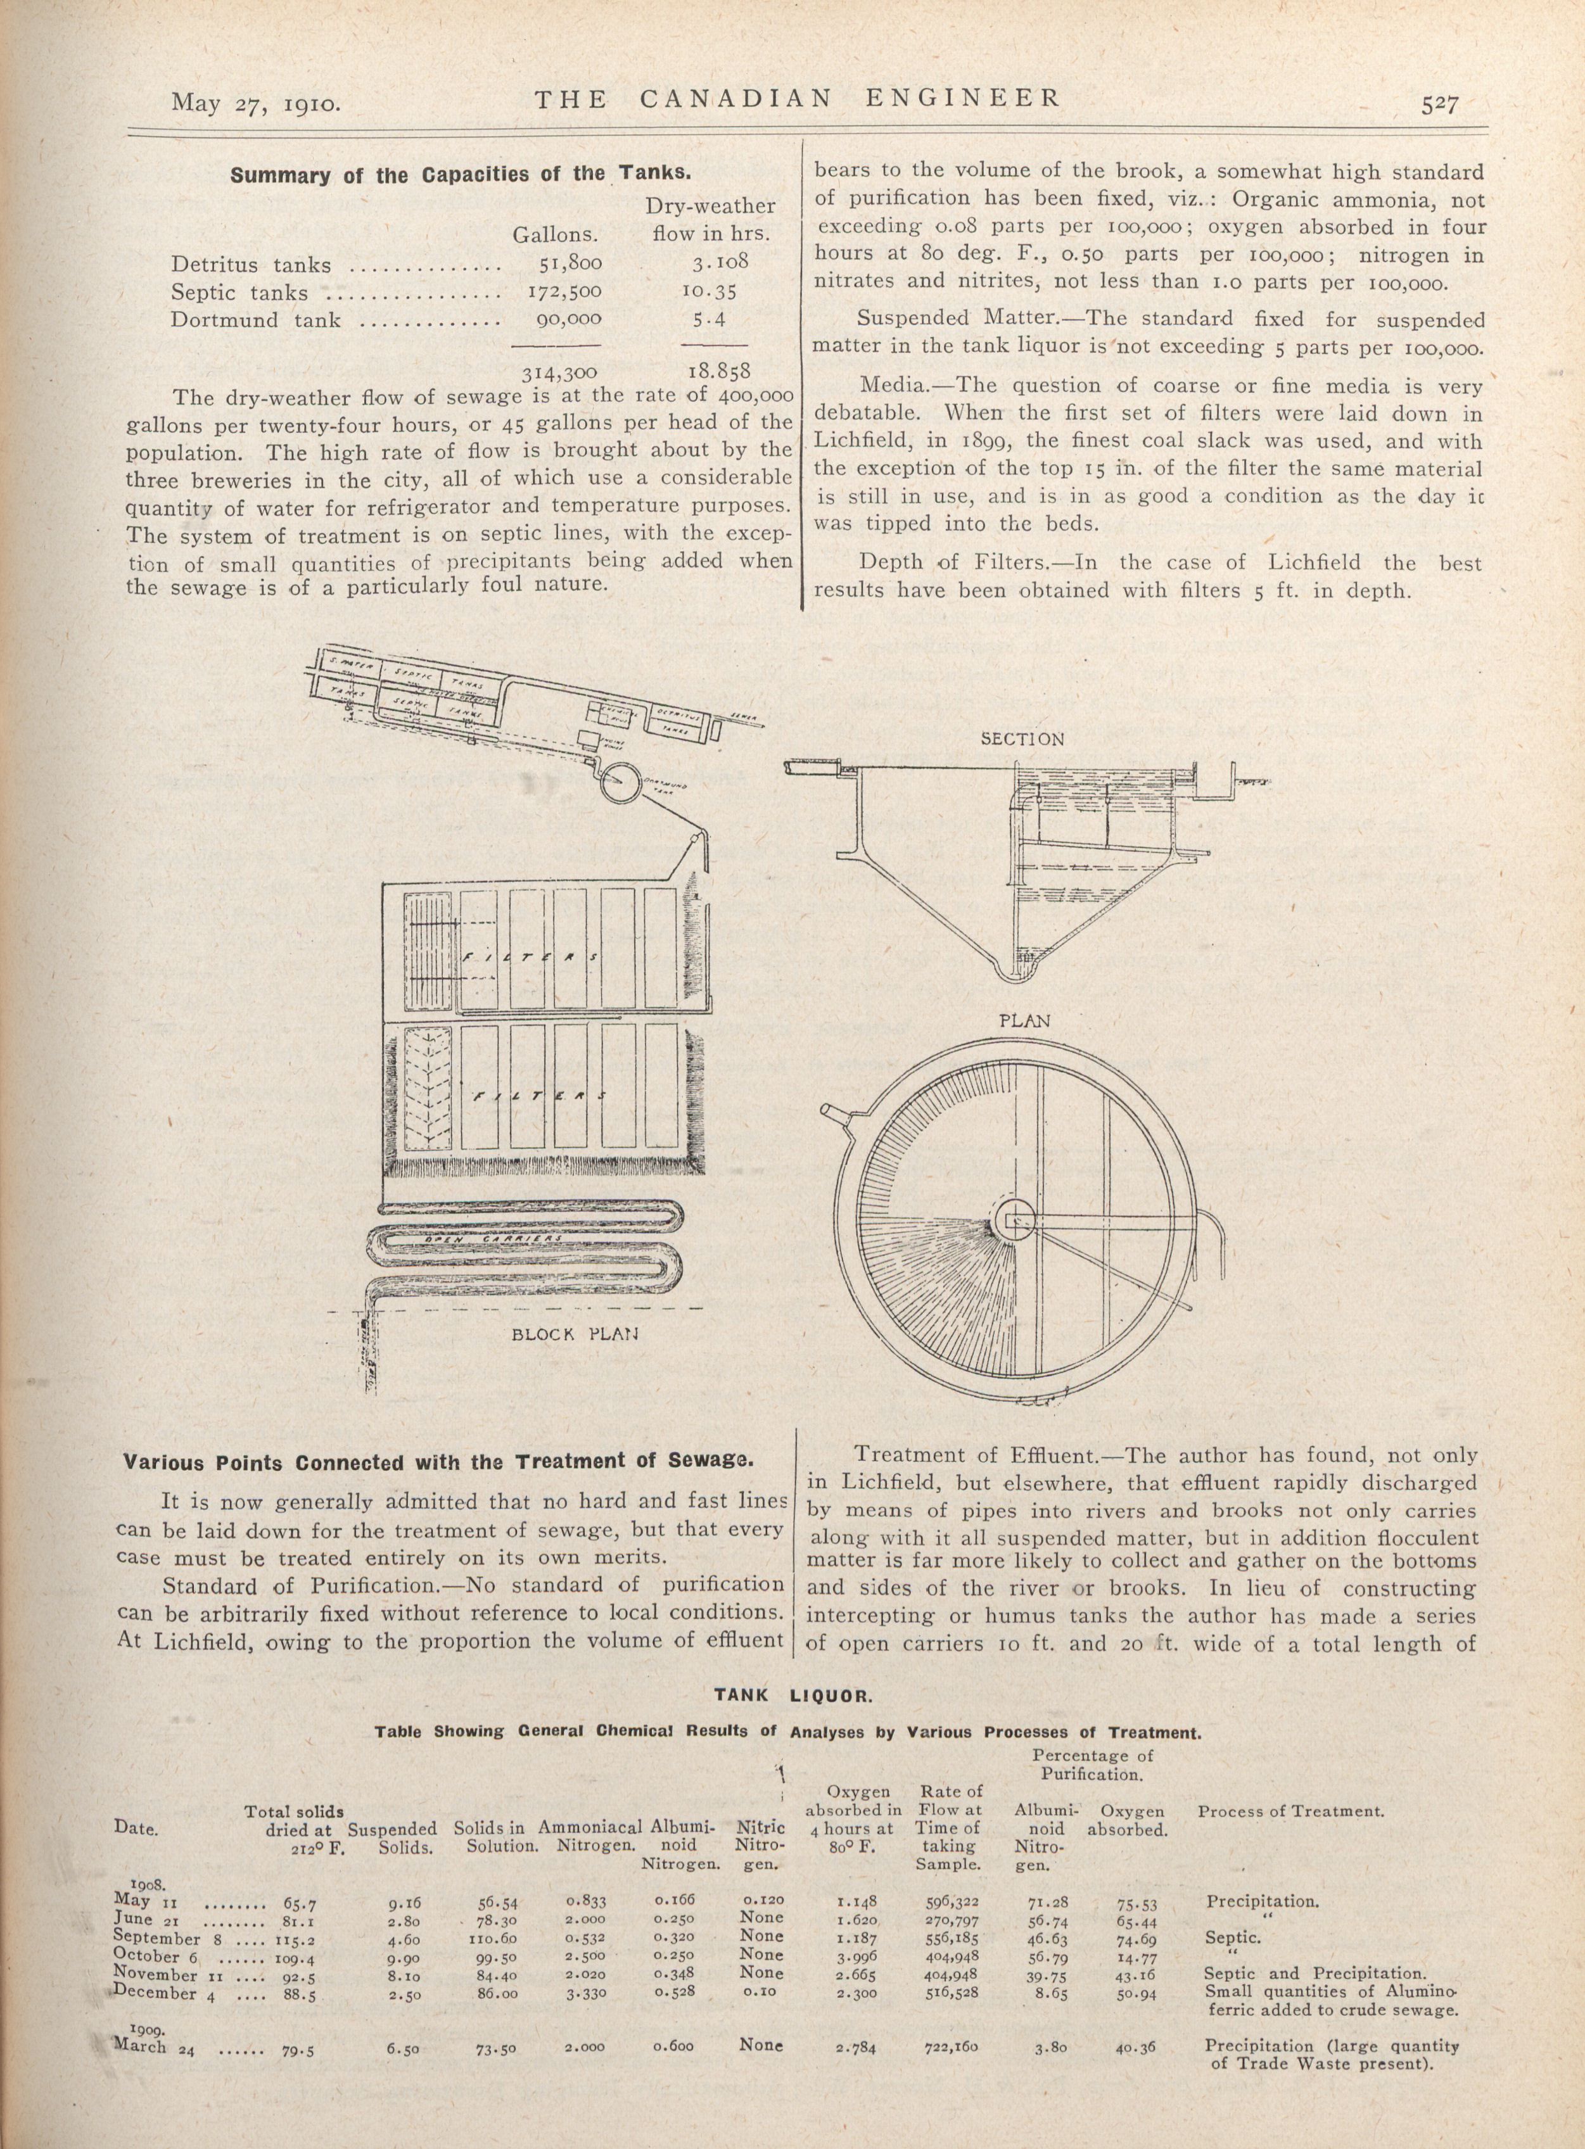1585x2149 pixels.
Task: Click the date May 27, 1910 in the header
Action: coord(256,102)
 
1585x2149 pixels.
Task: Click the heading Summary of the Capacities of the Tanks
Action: coord(459,175)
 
